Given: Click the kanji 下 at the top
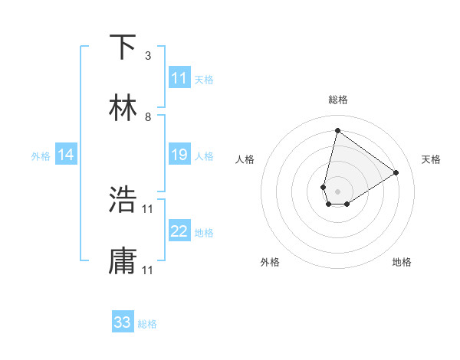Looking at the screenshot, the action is pyautogui.click(x=123, y=47).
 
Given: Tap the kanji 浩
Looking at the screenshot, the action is pyautogui.click(x=123, y=200).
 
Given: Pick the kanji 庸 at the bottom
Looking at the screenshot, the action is pyautogui.click(x=123, y=261).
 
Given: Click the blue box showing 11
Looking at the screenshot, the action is pyautogui.click(x=179, y=78).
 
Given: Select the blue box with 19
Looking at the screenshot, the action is pyautogui.click(x=179, y=155).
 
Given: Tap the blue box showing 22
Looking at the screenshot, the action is pyautogui.click(x=179, y=231).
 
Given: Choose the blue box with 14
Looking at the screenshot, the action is pyautogui.click(x=66, y=155).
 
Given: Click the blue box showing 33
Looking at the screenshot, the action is pyautogui.click(x=123, y=322).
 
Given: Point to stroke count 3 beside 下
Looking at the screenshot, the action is pyautogui.click(x=148, y=56).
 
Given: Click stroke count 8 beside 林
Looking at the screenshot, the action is pyautogui.click(x=148, y=117).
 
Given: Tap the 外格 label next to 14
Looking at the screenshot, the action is pyautogui.click(x=41, y=155).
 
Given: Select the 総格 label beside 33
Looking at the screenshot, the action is pyautogui.click(x=147, y=324).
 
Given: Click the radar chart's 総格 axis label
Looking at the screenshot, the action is pyautogui.click(x=338, y=100).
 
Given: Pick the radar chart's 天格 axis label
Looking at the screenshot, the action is pyautogui.click(x=432, y=159).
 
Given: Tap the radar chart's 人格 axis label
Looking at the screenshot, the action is pyautogui.click(x=245, y=159).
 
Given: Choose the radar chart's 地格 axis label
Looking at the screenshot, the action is pyautogui.click(x=402, y=262).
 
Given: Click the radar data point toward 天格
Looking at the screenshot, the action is pyautogui.click(x=396, y=172).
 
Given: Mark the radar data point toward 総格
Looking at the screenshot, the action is pyautogui.click(x=337, y=130).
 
